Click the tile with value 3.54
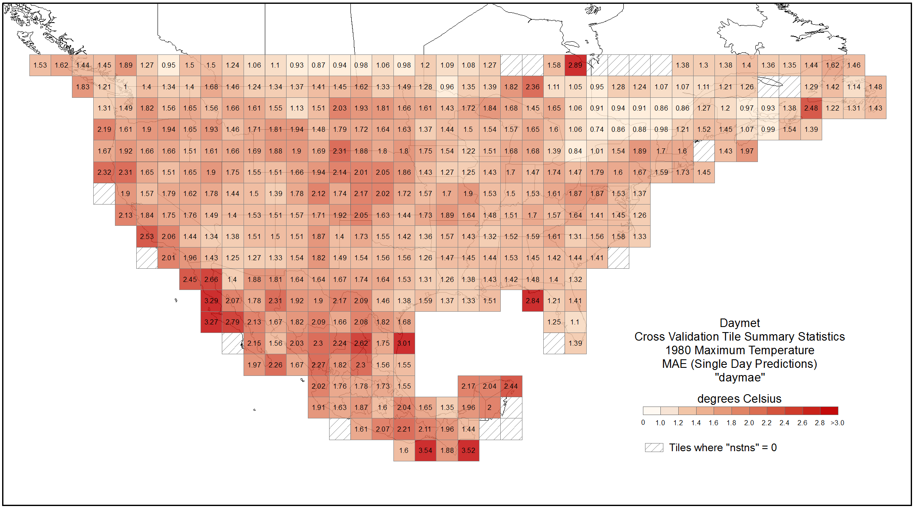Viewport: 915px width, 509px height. [425, 450]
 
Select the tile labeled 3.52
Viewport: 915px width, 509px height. [468, 450]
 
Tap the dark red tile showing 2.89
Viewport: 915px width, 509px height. [575, 65]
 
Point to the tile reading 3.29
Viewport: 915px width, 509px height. [211, 301]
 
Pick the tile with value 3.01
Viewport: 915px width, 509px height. [404, 343]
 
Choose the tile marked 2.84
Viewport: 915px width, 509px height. [533, 301]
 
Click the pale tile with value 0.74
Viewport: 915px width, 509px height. [597, 129]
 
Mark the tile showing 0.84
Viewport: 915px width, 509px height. [575, 151]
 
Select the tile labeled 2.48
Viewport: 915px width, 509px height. [811, 108]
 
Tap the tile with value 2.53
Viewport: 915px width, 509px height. [147, 236]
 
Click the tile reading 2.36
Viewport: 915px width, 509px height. [533, 87]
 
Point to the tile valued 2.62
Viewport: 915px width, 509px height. [361, 343]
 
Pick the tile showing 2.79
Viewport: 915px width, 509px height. [232, 322]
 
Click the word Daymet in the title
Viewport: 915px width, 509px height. [740, 323]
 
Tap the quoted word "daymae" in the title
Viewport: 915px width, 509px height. [740, 378]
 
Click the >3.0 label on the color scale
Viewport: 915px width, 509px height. [837, 423]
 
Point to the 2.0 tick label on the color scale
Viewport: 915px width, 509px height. [749, 423]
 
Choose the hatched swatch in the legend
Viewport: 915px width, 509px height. [654, 447]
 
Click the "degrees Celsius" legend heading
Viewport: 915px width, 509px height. [739, 399]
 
